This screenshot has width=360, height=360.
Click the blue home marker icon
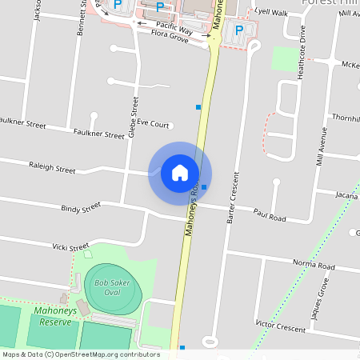click(x=180, y=172)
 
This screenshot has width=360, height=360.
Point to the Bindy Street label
click(x=81, y=208)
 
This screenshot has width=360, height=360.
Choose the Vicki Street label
click(x=70, y=248)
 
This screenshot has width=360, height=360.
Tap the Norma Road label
click(x=313, y=265)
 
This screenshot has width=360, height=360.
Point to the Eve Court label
click(x=153, y=124)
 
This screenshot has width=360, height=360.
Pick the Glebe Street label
click(x=134, y=117)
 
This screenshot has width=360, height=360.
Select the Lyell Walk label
click(x=270, y=13)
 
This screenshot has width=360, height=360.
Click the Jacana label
click(x=346, y=194)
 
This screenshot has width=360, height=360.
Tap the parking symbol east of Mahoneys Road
click(x=238, y=30)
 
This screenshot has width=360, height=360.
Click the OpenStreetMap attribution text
click(x=81, y=354)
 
